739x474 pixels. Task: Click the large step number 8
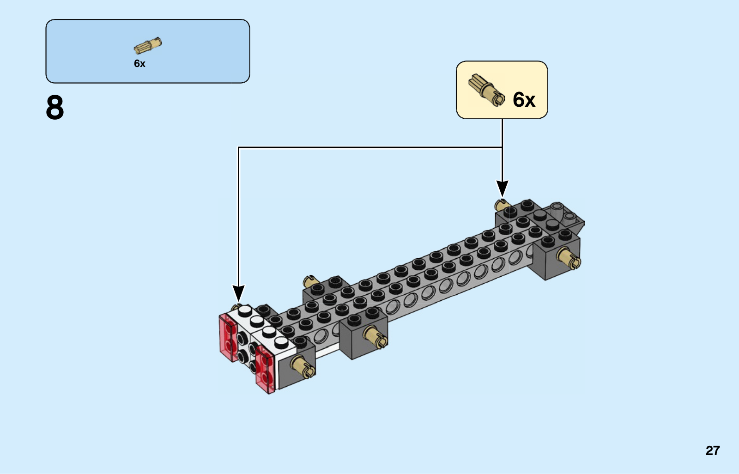tap(55, 107)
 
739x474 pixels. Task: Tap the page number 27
tap(713, 450)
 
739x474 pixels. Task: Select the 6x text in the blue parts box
tap(139, 63)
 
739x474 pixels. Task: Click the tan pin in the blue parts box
tap(148, 46)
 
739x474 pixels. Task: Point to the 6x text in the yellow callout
tap(524, 99)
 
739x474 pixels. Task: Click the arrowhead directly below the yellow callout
tap(502, 188)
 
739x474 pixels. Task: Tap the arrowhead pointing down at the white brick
tap(238, 293)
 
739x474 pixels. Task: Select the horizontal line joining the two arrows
tap(370, 147)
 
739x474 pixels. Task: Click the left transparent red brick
tap(228, 337)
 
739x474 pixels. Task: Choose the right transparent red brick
tap(265, 370)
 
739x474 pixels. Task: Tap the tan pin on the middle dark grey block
tap(376, 337)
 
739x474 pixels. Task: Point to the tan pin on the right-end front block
tap(569, 258)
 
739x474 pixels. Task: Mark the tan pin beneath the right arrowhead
tap(501, 205)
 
